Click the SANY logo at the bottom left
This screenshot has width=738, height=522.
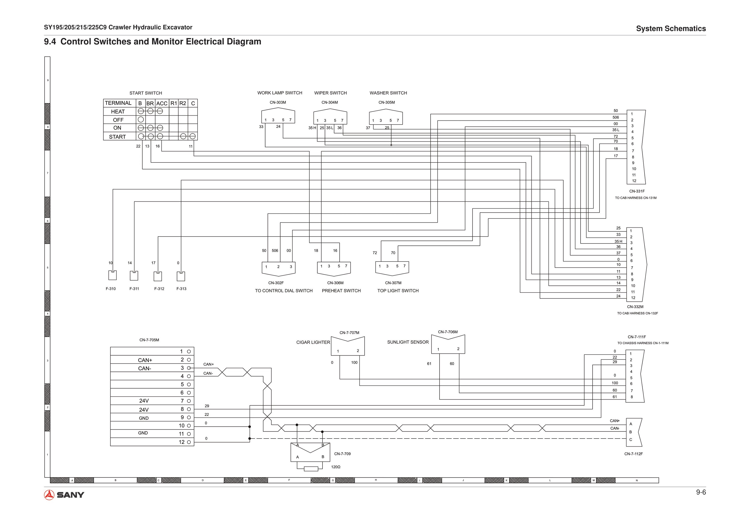click(x=64, y=495)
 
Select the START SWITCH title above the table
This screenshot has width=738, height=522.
click(x=146, y=93)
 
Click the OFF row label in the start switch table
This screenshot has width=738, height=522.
click(x=118, y=120)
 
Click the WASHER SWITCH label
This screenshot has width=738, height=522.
click(x=388, y=93)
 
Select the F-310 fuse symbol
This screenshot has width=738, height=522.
click(x=112, y=275)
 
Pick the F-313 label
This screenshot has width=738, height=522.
click(x=181, y=289)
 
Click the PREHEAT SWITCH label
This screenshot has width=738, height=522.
click(x=341, y=291)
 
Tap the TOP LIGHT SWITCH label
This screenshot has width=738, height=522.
click(x=398, y=291)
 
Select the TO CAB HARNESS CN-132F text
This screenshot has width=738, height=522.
click(x=637, y=313)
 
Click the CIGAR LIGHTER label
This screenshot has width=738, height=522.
click(x=313, y=343)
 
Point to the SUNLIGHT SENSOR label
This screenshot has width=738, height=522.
click(x=408, y=342)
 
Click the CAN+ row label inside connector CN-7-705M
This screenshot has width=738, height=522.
click(x=145, y=360)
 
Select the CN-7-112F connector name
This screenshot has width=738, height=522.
click(x=633, y=454)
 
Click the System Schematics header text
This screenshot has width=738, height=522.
click(x=671, y=29)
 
